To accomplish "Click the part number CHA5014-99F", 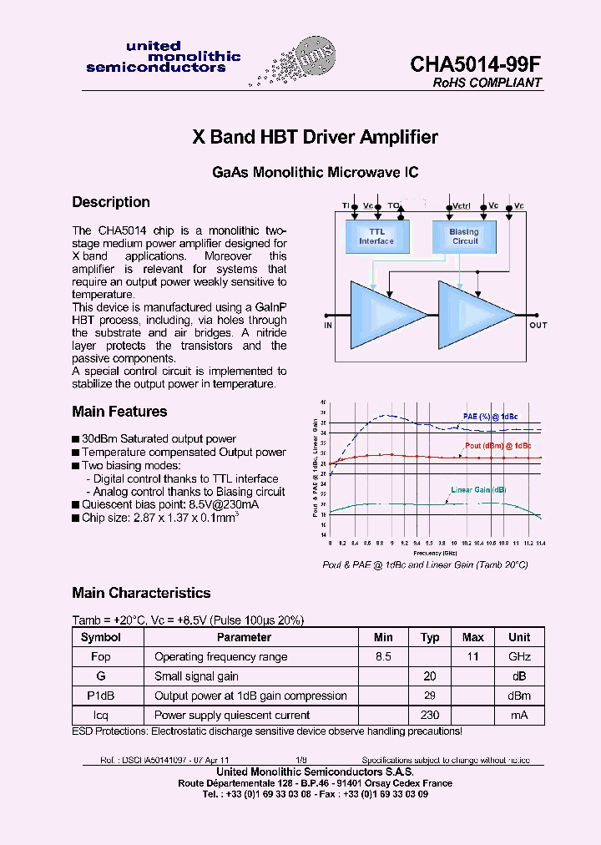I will [476, 64].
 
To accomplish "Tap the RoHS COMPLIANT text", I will [487, 83].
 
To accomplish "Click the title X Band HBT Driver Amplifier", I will [315, 137].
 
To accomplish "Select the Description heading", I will [111, 202].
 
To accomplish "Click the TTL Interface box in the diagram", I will [376, 236].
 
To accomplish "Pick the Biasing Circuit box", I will [465, 236].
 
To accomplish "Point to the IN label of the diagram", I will [328, 325].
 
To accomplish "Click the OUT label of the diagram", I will [538, 325].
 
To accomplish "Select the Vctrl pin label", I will [462, 205].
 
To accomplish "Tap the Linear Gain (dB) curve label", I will [478, 489].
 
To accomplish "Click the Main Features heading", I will [119, 412].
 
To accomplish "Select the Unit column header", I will [519, 637].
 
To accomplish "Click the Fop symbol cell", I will [100, 657].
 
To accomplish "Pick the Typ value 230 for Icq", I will [430, 716].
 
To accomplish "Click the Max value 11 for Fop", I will [473, 657].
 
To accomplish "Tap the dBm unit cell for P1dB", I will [519, 696].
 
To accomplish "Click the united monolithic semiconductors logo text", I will [163, 57].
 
